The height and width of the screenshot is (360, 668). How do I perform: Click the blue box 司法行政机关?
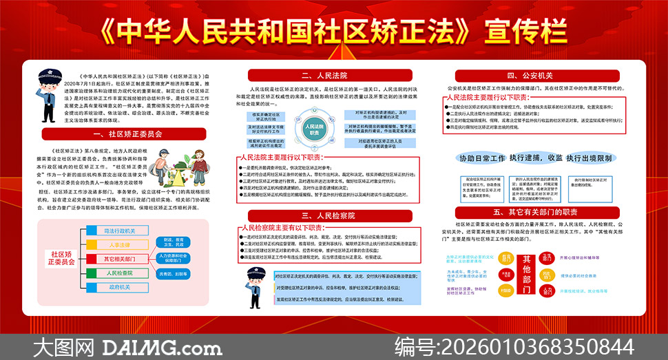coord(119,231)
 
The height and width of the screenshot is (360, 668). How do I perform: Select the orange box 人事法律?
coord(119,245)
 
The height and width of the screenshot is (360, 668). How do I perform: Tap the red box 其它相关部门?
coord(119,259)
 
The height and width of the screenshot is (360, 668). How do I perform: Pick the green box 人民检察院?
coord(119,273)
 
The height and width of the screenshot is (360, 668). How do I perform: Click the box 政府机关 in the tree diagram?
coord(119,288)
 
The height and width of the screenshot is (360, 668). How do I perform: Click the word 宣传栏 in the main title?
coord(526,31)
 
